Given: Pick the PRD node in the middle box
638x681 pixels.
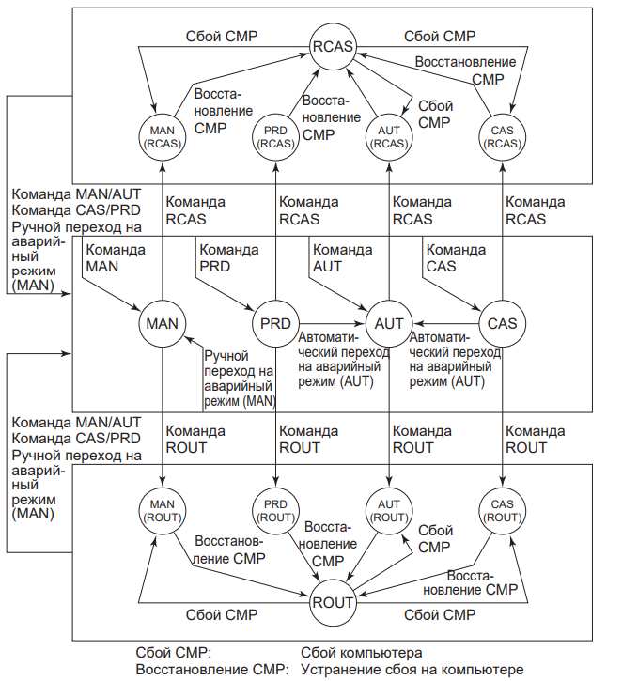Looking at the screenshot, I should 276,323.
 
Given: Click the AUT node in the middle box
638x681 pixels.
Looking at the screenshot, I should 389,323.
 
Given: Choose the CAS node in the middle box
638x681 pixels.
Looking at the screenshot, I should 503,323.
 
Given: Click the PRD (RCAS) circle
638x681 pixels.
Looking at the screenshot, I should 276,137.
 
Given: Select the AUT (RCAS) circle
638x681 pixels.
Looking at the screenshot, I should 389,137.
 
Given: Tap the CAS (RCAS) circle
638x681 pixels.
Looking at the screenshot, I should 503,137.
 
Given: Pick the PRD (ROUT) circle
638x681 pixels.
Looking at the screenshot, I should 276,510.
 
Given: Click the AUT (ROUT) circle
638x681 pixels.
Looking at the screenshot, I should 389,510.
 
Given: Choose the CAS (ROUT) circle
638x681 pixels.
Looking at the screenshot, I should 503,510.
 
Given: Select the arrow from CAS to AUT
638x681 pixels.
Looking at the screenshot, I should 446,323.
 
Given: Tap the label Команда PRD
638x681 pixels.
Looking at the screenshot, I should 228,258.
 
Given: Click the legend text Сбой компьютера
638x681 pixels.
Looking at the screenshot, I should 362,652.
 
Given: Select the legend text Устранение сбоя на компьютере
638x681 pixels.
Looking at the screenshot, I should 412,670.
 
